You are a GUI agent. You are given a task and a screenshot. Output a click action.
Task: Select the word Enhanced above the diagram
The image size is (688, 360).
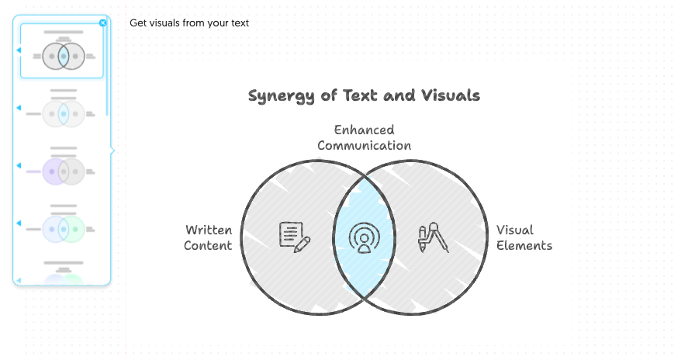tap(365, 130)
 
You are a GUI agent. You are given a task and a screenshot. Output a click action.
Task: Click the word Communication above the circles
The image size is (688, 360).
tap(365, 145)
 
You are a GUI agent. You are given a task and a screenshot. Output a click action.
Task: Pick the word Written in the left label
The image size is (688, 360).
tap(209, 230)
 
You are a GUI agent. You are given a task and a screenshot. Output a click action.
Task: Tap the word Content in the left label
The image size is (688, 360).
tap(209, 246)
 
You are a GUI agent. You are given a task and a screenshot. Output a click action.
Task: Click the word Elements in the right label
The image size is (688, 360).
tap(524, 246)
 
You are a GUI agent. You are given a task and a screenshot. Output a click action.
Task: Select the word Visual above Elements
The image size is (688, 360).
tap(515, 230)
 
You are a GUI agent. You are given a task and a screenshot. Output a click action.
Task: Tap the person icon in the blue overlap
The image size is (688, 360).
tap(362, 237)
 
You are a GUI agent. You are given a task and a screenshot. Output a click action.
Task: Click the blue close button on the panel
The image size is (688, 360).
tap(103, 23)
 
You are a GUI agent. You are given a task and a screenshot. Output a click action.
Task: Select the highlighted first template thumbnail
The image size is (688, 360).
tap(63, 51)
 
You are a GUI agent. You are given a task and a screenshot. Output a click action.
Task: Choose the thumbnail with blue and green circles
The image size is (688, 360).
tap(63, 227)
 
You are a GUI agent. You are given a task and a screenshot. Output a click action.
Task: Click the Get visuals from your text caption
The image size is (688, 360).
tap(189, 23)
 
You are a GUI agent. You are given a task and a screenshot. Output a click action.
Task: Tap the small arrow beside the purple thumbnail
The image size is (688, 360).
tap(18, 165)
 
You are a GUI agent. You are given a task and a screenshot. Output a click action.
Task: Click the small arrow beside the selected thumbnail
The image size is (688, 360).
tap(18, 50)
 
